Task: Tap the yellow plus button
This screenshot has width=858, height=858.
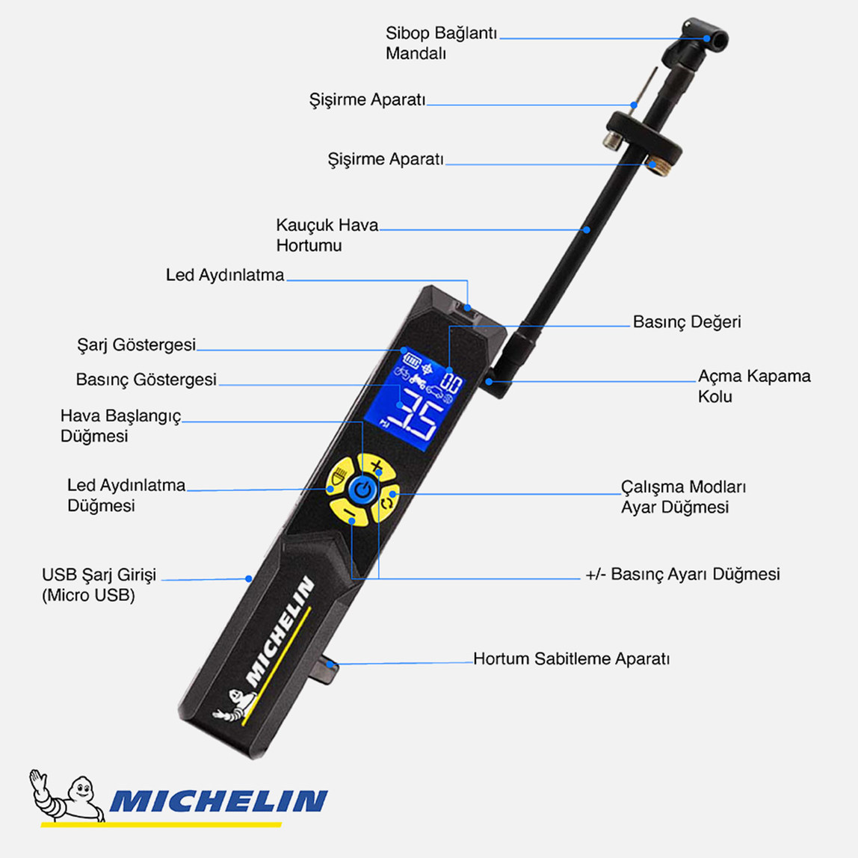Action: point(375,468)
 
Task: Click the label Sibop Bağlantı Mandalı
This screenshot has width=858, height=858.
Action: point(441,43)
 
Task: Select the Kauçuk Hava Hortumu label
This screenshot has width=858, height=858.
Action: point(327,235)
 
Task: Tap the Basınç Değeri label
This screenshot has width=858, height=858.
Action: point(686,322)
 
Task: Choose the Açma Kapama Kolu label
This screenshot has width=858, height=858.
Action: point(753,386)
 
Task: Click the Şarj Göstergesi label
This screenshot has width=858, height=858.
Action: point(136,345)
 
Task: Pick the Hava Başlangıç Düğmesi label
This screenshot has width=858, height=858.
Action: point(120,426)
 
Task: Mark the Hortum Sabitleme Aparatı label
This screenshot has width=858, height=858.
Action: point(571,659)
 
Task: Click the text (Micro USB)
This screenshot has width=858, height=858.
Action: point(88,596)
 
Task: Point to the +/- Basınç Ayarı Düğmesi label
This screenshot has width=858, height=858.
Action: point(682,574)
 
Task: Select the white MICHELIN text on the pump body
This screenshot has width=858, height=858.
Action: point(280,632)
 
